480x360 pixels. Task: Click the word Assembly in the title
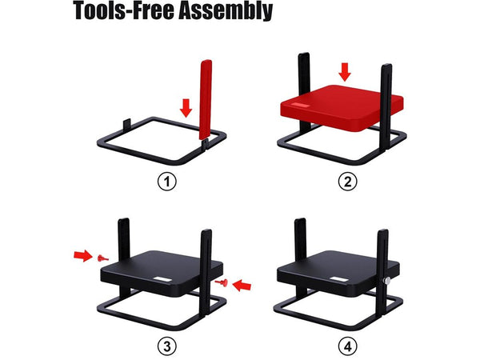pyautogui.click(x=226, y=10)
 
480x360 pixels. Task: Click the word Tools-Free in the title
pyautogui.click(x=123, y=10)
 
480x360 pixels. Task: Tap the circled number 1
pyautogui.click(x=167, y=182)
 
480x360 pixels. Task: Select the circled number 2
pyautogui.click(x=347, y=182)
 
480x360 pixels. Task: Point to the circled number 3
pyautogui.click(x=167, y=346)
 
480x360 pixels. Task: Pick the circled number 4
pyautogui.click(x=347, y=346)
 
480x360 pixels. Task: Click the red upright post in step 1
pyautogui.click(x=206, y=99)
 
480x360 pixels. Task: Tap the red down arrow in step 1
pyautogui.click(x=186, y=108)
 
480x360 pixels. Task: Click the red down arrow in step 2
pyautogui.click(x=346, y=72)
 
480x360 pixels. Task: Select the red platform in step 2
pyautogui.click(x=342, y=107)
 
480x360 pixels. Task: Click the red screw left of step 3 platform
pyautogui.click(x=102, y=258)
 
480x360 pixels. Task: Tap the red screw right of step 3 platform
pyautogui.click(x=222, y=282)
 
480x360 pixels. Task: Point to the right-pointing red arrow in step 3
pyautogui.click(x=83, y=256)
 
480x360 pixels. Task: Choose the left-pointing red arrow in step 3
pyautogui.click(x=242, y=286)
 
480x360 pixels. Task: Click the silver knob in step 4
pyautogui.click(x=387, y=281)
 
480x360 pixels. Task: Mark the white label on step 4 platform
pyautogui.click(x=339, y=279)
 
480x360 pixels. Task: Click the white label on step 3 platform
pyautogui.click(x=162, y=279)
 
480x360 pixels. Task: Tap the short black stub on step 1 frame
pyautogui.click(x=127, y=124)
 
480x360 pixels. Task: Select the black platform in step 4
pyautogui.click(x=338, y=274)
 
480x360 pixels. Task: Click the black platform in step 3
pyautogui.click(x=162, y=274)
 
